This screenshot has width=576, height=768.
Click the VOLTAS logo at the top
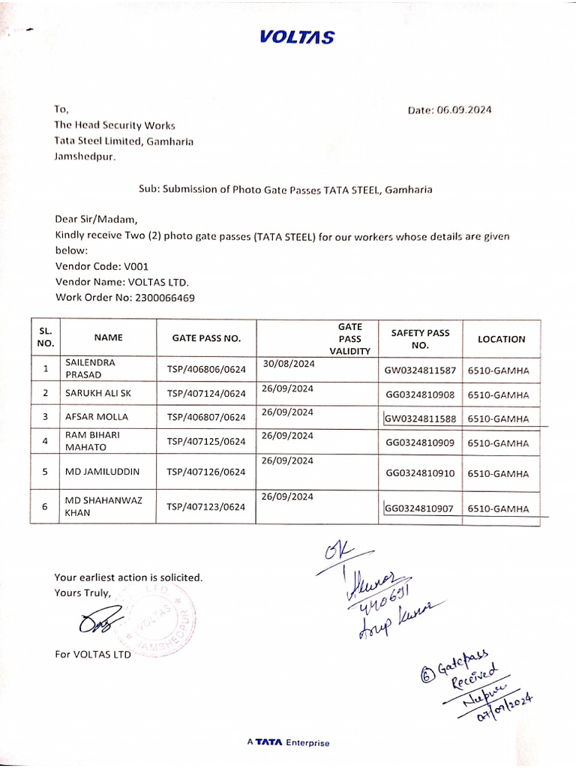pyautogui.click(x=297, y=37)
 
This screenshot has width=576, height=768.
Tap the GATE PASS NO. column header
pyautogui.click(x=206, y=338)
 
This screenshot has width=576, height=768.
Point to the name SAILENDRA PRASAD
pyautogui.click(x=90, y=367)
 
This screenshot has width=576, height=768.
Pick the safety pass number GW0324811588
pyautogui.click(x=421, y=418)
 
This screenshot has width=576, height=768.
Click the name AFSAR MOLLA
pyautogui.click(x=97, y=416)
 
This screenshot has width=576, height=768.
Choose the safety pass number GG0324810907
pyautogui.click(x=420, y=508)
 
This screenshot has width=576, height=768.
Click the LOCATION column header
pyautogui.click(x=502, y=339)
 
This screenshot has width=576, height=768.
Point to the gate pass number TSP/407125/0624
pyautogui.click(x=206, y=442)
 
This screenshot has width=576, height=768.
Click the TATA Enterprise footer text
pyautogui.click(x=288, y=742)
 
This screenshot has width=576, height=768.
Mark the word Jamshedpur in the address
pyautogui.click(x=85, y=157)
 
